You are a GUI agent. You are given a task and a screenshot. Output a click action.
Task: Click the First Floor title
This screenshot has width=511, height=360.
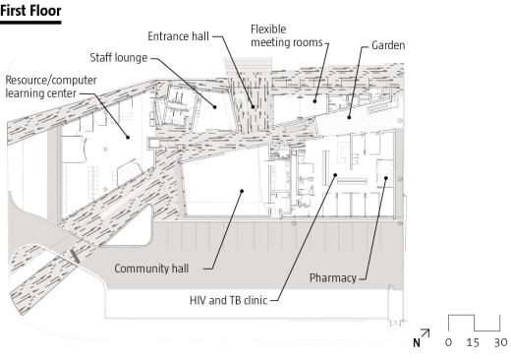[x=30, y=11]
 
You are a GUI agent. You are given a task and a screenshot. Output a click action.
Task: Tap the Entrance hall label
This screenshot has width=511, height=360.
[x=178, y=36]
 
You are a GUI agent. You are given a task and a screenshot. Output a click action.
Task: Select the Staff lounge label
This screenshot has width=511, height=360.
[x=119, y=58]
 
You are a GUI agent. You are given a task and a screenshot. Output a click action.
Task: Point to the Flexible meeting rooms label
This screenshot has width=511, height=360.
[x=287, y=35]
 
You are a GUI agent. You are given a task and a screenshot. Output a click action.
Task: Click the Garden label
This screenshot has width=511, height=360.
[x=388, y=45]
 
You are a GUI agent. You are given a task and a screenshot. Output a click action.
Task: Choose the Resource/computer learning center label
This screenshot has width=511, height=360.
[x=51, y=87]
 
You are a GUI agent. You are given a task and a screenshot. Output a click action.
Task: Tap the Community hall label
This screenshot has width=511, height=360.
[x=151, y=269]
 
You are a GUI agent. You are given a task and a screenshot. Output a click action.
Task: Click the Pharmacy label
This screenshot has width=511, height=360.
[x=333, y=278]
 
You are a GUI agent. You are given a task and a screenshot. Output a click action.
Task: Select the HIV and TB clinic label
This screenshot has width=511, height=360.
[x=228, y=300]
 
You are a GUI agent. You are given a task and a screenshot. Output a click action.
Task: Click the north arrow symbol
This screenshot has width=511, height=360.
[x=422, y=337]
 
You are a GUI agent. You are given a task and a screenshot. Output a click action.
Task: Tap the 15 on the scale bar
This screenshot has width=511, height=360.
[x=473, y=342]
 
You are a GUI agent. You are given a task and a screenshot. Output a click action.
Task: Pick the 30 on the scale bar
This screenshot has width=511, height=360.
[x=501, y=342]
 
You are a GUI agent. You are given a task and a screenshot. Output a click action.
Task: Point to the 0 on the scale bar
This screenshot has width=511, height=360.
[x=448, y=342]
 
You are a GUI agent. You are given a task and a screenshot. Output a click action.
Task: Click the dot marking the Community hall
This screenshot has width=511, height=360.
[x=242, y=191]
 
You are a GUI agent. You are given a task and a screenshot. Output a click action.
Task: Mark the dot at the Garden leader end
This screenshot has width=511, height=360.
[x=349, y=117]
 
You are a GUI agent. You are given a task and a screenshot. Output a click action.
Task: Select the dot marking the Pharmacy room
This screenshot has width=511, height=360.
[x=386, y=178]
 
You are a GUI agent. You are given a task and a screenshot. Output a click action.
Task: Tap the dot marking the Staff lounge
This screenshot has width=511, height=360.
[x=215, y=107]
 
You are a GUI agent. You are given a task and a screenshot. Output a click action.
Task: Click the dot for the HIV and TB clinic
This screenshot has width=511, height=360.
[x=335, y=175]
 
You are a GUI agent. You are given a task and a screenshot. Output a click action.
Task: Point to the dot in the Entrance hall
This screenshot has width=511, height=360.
[x=253, y=106]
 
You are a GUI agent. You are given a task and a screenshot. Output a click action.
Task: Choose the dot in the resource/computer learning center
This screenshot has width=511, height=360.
[x=128, y=138]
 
